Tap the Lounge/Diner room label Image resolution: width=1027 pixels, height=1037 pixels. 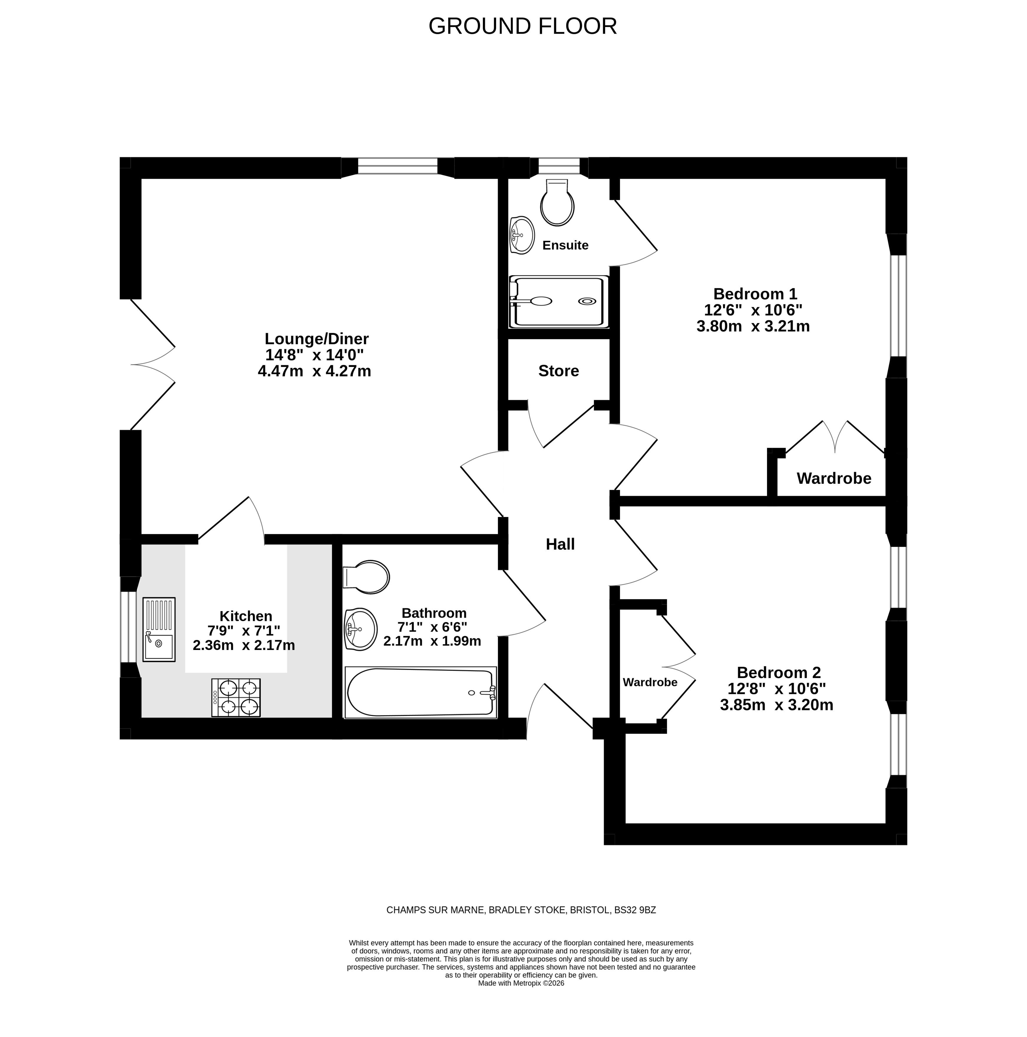point(317,339)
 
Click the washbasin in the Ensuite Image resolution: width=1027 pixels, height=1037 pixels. point(521,235)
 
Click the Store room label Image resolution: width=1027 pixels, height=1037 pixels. point(558,371)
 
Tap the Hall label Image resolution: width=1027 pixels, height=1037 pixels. point(560,544)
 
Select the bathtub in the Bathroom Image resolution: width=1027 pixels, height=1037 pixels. point(420,692)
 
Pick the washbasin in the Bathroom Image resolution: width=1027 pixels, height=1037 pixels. point(360,629)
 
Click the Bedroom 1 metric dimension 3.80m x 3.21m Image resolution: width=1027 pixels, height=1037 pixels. point(753,326)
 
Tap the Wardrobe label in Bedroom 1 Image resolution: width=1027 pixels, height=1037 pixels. point(834,478)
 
